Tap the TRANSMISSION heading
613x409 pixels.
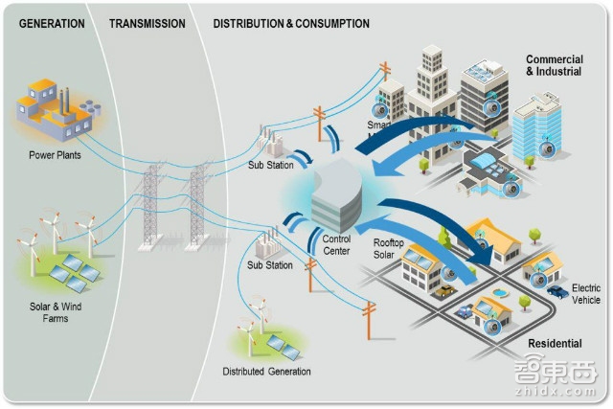147,23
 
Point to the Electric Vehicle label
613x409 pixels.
585,293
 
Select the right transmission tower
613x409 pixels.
199,206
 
